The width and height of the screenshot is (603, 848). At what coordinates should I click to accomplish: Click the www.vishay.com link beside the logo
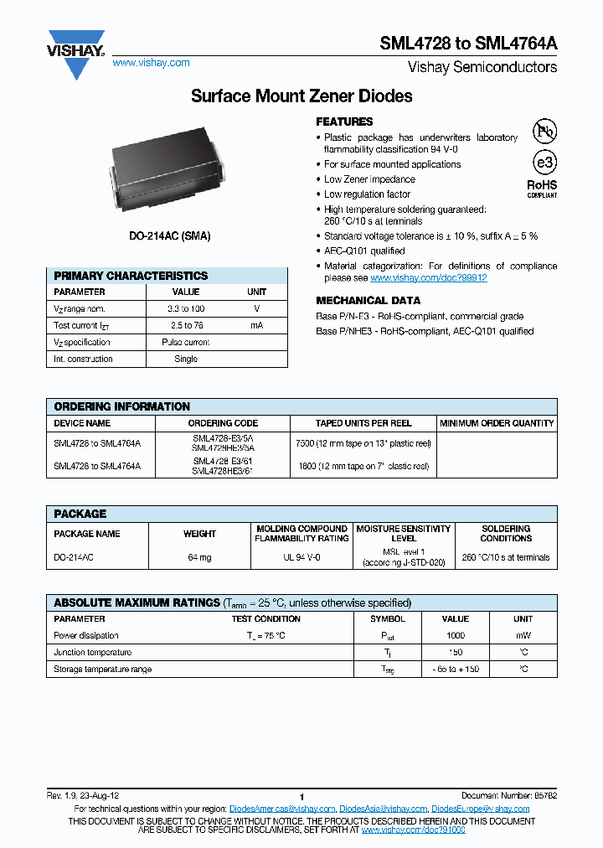[151, 63]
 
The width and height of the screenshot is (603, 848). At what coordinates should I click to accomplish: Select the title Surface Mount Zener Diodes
[301, 96]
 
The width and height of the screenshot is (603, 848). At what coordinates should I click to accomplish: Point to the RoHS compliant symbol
[542, 187]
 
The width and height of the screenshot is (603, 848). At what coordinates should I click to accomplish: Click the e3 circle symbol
[544, 162]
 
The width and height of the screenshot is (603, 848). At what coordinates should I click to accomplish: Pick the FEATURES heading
[344, 122]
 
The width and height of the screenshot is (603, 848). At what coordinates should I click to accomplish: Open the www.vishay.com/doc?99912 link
[428, 277]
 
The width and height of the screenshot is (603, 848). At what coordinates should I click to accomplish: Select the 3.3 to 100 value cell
[186, 308]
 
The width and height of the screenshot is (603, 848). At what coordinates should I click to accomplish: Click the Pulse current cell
[186, 342]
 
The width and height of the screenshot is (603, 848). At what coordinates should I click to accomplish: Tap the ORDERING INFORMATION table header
[122, 406]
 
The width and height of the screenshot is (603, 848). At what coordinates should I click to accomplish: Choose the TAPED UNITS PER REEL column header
[363, 423]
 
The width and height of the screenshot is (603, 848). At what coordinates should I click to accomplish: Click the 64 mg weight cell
[199, 557]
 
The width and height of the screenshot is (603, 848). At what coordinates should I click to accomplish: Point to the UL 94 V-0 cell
[301, 557]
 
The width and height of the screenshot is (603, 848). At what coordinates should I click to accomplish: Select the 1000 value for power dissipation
[456, 635]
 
